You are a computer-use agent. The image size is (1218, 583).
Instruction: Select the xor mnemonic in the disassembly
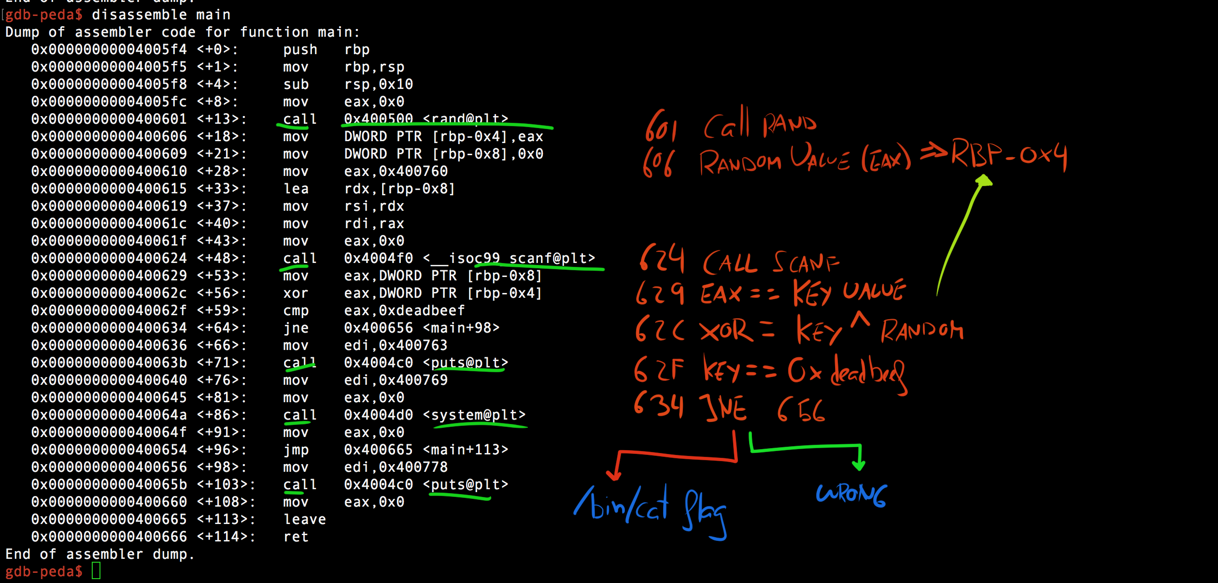click(296, 293)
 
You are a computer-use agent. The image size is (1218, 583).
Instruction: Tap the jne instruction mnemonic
click(296, 328)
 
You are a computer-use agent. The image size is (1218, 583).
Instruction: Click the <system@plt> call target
click(474, 415)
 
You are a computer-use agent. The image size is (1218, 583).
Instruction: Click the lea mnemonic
click(296, 189)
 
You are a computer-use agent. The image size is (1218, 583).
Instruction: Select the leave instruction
click(304, 519)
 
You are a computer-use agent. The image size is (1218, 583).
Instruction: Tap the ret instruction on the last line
click(296, 537)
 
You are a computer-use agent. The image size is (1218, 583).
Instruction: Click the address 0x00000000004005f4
click(109, 49)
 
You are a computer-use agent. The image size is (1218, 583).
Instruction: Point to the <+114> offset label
click(226, 537)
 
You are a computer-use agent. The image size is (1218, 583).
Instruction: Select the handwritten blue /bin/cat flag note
click(650, 510)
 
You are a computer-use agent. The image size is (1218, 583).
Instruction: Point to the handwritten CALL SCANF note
click(770, 263)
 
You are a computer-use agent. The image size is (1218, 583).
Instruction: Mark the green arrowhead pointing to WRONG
click(859, 465)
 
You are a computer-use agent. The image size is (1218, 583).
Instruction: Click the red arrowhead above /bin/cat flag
click(613, 475)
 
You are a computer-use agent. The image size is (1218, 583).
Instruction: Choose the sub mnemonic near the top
click(296, 84)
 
